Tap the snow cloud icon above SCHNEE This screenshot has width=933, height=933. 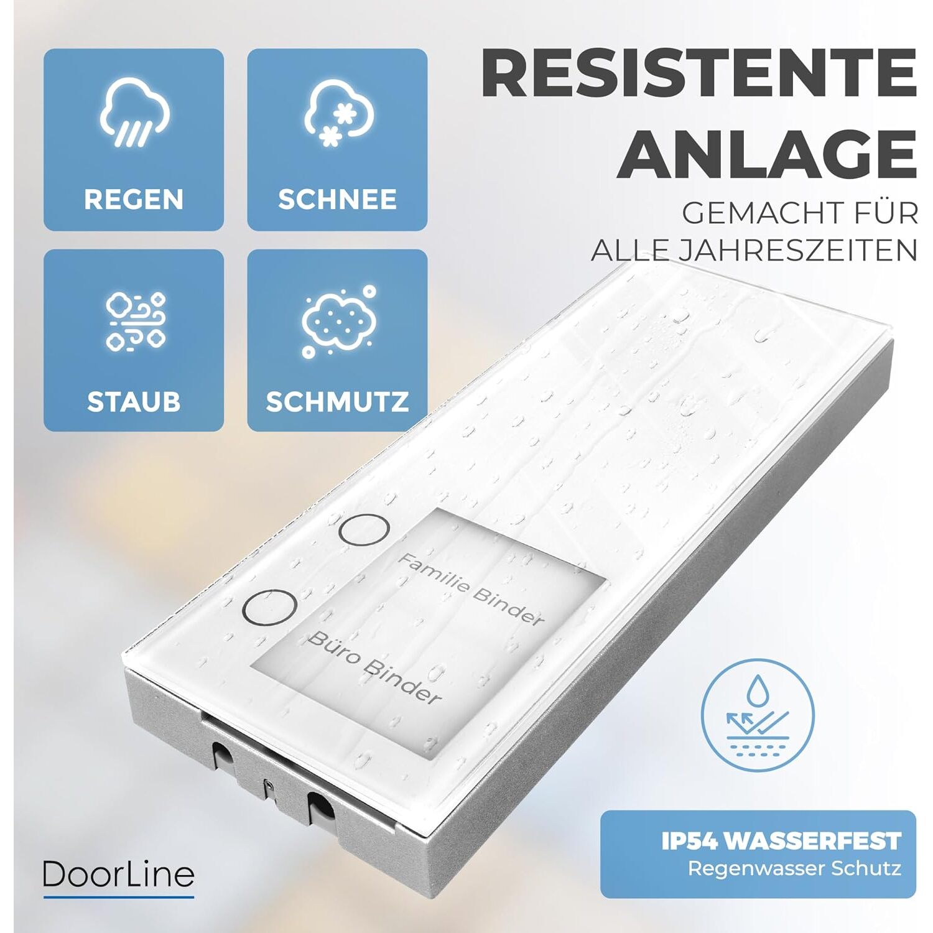(x=338, y=114)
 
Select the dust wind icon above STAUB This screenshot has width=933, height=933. (x=135, y=321)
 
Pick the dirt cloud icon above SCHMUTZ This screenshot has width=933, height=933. (x=338, y=322)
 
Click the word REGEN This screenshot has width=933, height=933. (x=134, y=200)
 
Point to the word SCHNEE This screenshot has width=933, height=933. (x=337, y=200)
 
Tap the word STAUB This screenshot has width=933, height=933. (x=134, y=402)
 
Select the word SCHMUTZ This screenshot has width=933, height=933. (x=337, y=402)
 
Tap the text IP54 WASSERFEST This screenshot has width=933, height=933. (x=781, y=841)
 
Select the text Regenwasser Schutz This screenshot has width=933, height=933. (x=794, y=868)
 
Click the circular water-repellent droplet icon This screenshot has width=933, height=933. (x=758, y=720)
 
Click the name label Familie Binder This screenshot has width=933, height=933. (x=471, y=589)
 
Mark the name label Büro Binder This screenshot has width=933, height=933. (x=375, y=667)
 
